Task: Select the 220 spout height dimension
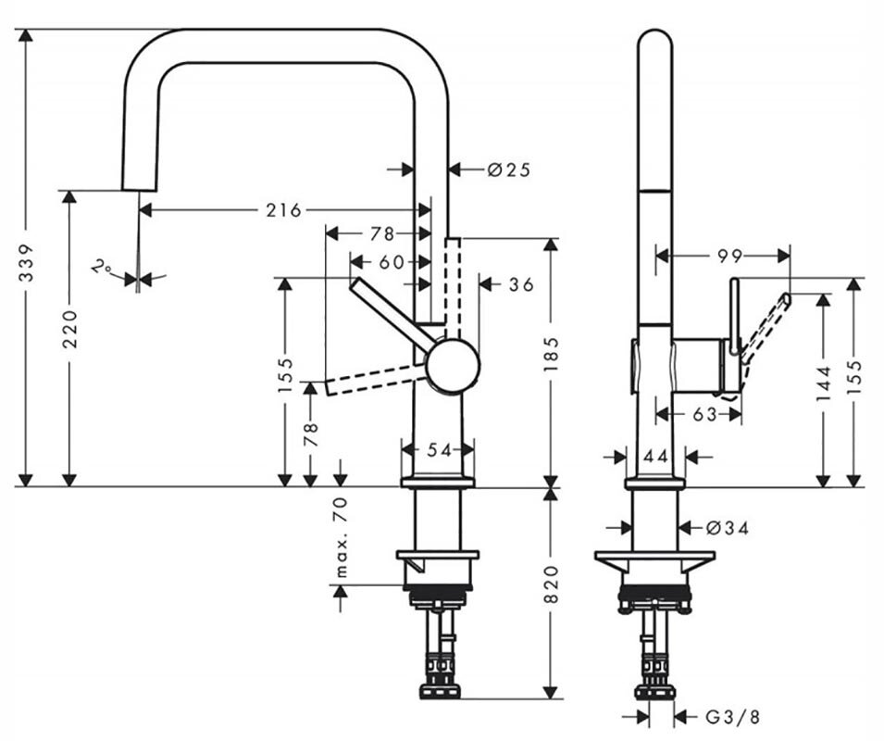[69, 328]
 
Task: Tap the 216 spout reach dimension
[283, 210]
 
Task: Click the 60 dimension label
[391, 262]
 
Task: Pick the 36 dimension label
[521, 284]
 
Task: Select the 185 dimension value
[553, 354]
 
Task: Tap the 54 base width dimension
[438, 450]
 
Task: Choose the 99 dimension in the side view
[729, 257]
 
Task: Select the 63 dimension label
[704, 414]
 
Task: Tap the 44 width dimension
[655, 456]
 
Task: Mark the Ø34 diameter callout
[726, 528]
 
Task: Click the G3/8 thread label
[731, 715]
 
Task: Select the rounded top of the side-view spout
[655, 42]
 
